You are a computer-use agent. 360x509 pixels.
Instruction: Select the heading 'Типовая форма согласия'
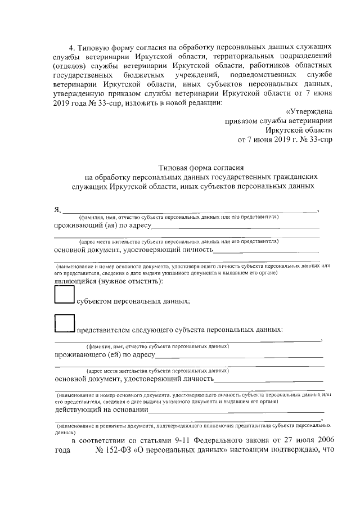click(x=201, y=167)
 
